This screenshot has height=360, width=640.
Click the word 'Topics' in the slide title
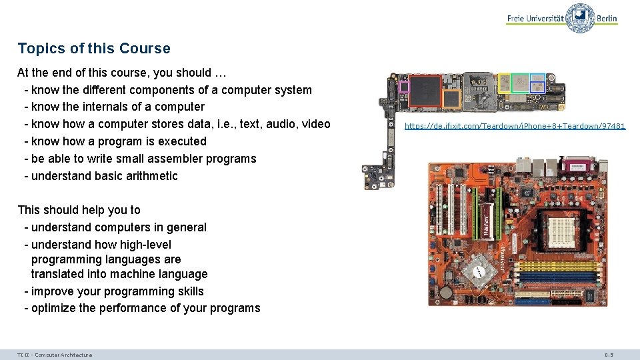(x=38, y=49)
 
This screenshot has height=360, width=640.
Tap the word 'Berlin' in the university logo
(x=607, y=19)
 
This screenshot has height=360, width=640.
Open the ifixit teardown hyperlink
(x=515, y=125)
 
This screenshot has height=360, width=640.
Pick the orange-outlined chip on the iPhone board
(x=451, y=99)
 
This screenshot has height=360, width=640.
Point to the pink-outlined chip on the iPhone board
(x=403, y=85)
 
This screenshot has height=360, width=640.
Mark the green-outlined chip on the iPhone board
(x=521, y=83)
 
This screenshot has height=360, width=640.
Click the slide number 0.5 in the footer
(x=609, y=355)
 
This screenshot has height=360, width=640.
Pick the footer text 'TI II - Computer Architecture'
(x=55, y=355)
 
